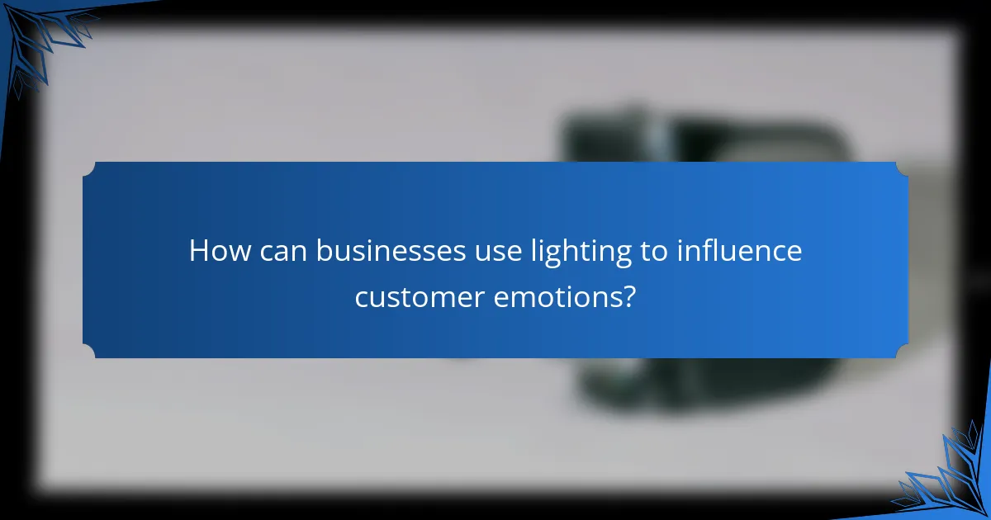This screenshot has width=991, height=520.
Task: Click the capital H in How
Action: pos(199,251)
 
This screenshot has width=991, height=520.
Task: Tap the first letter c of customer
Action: pos(361,297)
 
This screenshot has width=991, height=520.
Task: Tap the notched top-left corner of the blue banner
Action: pos(88,167)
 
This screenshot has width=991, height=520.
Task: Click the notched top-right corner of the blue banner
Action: pos(902,167)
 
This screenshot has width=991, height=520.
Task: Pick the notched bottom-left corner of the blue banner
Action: pos(88,352)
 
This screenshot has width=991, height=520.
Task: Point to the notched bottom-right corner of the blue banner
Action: pos(902,352)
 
